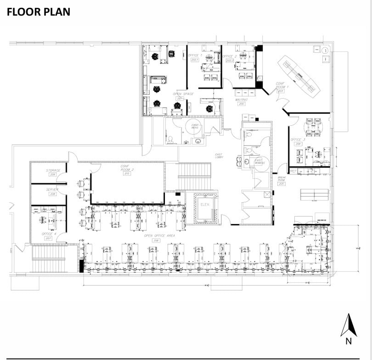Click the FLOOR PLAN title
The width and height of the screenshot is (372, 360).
(x=39, y=12)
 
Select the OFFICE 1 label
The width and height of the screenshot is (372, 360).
(x=194, y=56)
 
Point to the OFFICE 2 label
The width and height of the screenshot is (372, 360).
(x=229, y=56)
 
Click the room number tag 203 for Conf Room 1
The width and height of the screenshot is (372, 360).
(x=280, y=91)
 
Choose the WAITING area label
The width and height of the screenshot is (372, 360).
(x=242, y=99)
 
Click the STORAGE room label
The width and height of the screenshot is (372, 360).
(x=53, y=170)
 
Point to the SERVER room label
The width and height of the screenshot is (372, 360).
(x=52, y=189)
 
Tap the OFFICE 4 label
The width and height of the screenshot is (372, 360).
(x=49, y=234)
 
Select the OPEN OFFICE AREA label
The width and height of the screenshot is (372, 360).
(x=159, y=236)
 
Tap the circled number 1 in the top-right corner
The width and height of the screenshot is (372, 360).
(x=325, y=50)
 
